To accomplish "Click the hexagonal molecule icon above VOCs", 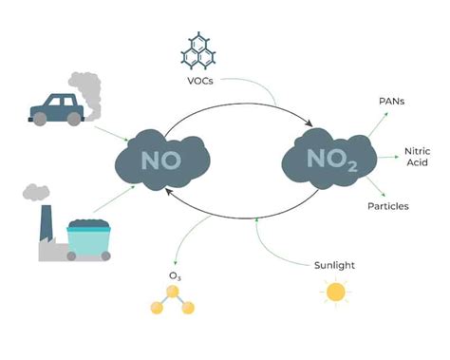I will point(201,51).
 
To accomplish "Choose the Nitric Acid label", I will point(418,158).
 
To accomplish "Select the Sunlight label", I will point(334,265).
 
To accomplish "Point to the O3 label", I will point(175,276).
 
